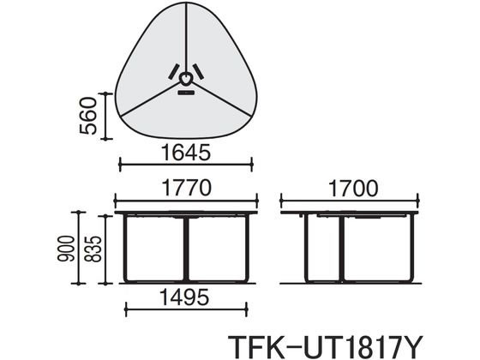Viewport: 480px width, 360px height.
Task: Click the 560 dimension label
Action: click(88, 116)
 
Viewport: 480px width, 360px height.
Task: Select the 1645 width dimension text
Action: click(186, 153)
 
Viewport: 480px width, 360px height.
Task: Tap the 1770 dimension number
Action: click(186, 188)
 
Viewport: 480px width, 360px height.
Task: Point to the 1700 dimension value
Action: click(353, 189)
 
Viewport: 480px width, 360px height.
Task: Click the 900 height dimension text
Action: click(66, 249)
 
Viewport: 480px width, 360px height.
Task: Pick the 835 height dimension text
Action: click(93, 249)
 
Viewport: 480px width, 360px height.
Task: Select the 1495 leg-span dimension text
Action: click(184, 297)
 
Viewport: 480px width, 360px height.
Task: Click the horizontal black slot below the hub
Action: click(186, 93)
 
